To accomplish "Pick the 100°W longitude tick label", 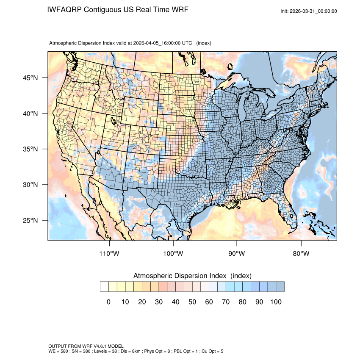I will click(173, 254).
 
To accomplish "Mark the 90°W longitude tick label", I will click(237, 254).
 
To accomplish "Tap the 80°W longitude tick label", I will click(301, 254).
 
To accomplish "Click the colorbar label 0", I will click(108, 302).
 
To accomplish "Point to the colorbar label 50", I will click(192, 302).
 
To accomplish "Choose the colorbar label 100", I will click(276, 302).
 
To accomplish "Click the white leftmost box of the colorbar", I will click(104, 287).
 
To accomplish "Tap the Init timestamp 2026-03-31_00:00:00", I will click(314, 11).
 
